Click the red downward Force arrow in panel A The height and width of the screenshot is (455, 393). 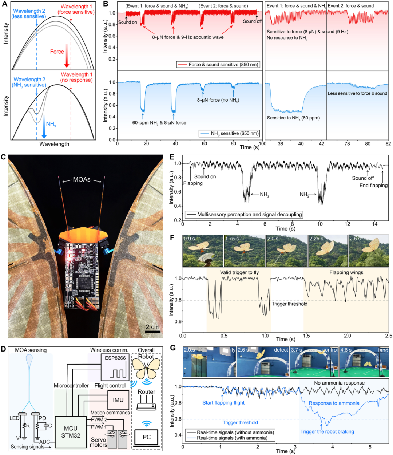[x=67, y=56]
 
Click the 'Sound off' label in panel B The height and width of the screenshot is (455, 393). [x=252, y=21]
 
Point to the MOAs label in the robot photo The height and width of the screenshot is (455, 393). [x=82, y=179]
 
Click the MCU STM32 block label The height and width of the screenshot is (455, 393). [x=71, y=432]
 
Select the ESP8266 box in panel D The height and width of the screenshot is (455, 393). [x=115, y=366]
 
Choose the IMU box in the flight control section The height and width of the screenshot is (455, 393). [x=118, y=400]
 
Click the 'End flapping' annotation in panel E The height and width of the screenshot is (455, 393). [x=373, y=185]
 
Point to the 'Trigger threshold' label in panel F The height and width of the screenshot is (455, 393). [x=289, y=304]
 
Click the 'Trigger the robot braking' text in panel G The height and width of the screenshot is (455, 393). [x=327, y=431]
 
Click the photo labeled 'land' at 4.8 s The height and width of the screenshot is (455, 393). [x=364, y=362]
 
